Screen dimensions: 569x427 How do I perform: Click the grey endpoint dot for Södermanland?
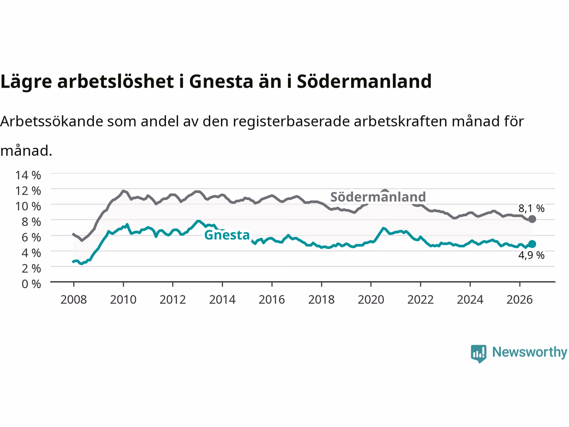click(x=532, y=219)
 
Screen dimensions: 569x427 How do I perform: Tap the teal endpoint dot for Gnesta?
click(x=532, y=244)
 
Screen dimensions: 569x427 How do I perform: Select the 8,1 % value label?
click(x=531, y=209)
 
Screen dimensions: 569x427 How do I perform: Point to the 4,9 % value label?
click(x=531, y=255)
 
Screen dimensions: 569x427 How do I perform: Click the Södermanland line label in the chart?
click(x=378, y=197)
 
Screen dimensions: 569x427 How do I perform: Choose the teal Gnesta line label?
click(x=227, y=235)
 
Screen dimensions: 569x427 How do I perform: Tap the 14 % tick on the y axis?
click(x=28, y=175)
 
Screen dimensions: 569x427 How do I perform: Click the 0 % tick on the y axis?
click(x=31, y=284)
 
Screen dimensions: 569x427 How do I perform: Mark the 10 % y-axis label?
click(x=28, y=206)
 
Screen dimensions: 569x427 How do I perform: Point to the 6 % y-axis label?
click(x=31, y=238)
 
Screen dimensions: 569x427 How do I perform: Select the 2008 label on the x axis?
click(x=74, y=300)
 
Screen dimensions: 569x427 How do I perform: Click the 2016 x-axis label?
click(x=272, y=300)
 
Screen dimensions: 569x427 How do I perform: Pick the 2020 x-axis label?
click(x=371, y=300)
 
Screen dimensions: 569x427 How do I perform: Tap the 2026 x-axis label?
click(x=520, y=300)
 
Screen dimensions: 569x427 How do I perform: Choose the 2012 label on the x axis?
click(x=172, y=300)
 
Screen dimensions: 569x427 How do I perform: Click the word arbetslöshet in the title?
click(x=115, y=81)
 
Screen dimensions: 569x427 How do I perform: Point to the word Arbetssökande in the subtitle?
click(x=52, y=121)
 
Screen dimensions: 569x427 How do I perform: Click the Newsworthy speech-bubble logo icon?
click(x=478, y=354)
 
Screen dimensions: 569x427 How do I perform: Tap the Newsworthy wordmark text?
click(x=529, y=352)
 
